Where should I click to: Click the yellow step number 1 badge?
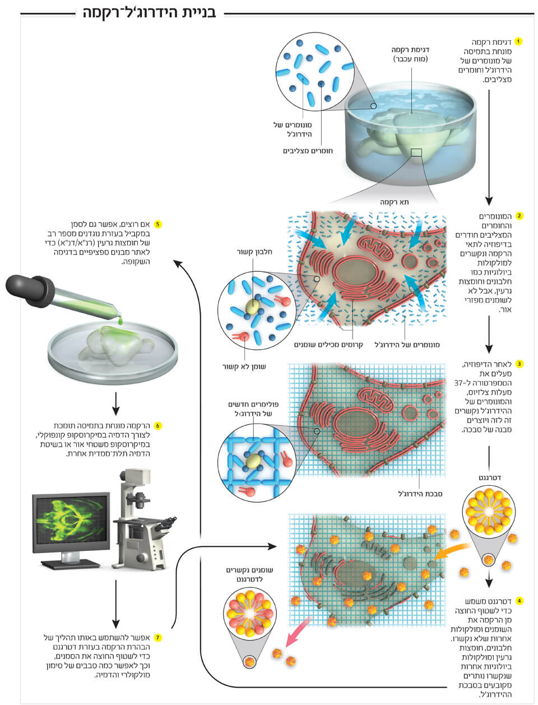[x=518, y=41]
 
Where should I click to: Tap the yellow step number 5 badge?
[x=157, y=224]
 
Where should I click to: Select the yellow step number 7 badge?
[x=157, y=638]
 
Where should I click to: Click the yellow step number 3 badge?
[x=519, y=364]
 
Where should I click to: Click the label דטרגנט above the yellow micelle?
[x=490, y=477]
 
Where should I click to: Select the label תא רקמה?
[x=394, y=202]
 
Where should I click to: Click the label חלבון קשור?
[x=254, y=252]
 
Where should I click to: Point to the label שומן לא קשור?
[x=244, y=367]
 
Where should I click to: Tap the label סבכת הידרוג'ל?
[x=420, y=494]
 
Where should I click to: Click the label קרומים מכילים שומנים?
[x=328, y=345]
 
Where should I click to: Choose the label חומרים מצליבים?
[x=308, y=151]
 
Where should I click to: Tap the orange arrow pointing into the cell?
[x=452, y=552]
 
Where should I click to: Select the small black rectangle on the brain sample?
[x=416, y=152]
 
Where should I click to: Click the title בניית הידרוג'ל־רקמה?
[x=150, y=13]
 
